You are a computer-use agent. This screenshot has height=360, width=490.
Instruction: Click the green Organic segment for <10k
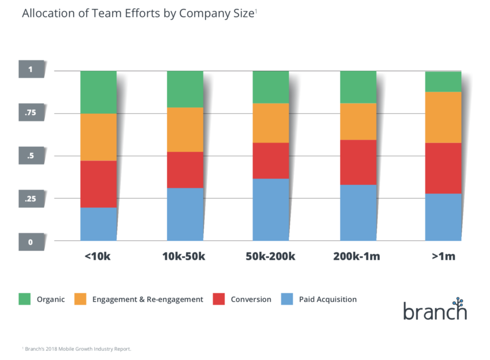(x=99, y=92)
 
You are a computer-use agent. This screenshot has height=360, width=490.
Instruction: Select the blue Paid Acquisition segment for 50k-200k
(x=271, y=209)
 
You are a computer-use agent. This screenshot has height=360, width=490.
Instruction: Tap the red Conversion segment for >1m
(x=443, y=168)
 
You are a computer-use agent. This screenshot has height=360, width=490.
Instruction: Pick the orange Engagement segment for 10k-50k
(x=185, y=130)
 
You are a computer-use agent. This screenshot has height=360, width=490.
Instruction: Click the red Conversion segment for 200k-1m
(x=358, y=162)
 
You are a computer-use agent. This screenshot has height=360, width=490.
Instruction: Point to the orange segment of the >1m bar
(x=443, y=117)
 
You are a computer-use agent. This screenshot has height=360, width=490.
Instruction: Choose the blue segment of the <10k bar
(x=99, y=224)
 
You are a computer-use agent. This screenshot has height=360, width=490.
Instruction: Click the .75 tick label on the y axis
(x=30, y=113)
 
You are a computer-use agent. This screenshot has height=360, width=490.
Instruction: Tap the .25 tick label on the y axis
(x=30, y=199)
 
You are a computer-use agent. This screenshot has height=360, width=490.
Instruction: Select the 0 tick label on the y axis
(x=30, y=242)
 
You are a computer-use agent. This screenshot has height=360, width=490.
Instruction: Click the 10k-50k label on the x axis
(x=184, y=257)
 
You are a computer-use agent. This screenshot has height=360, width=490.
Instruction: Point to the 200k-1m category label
(x=357, y=257)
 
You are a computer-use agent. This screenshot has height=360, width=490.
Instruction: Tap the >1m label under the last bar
(x=443, y=257)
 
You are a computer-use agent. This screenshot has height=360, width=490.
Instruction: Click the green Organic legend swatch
(x=24, y=299)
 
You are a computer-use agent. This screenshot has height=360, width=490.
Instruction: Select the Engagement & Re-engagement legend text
(x=147, y=300)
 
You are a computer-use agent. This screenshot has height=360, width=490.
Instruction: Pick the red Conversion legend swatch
(x=219, y=299)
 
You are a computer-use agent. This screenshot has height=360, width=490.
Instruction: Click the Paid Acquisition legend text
(x=328, y=300)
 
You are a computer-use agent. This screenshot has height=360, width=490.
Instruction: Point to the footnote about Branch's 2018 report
(x=77, y=349)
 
